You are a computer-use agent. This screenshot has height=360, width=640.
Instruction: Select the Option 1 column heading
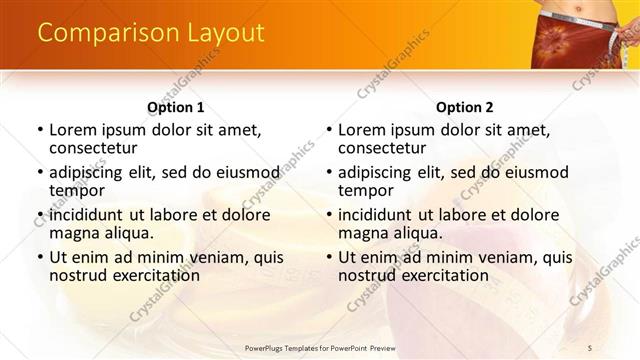pyautogui.click(x=175, y=107)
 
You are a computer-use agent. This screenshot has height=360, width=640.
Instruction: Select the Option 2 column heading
pyautogui.click(x=464, y=107)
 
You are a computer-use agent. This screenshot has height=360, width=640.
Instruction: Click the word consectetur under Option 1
pyautogui.click(x=92, y=149)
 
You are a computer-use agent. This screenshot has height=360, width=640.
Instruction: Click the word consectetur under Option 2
pyautogui.click(x=381, y=149)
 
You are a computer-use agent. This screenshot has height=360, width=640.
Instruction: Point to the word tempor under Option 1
pyautogui.click(x=76, y=191)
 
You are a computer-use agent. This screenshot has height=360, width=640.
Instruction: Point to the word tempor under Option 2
pyautogui.click(x=365, y=191)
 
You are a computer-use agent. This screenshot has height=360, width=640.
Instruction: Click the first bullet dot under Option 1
pyautogui.click(x=40, y=130)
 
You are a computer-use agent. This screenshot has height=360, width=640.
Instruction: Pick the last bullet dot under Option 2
pyautogui.click(x=329, y=257)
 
